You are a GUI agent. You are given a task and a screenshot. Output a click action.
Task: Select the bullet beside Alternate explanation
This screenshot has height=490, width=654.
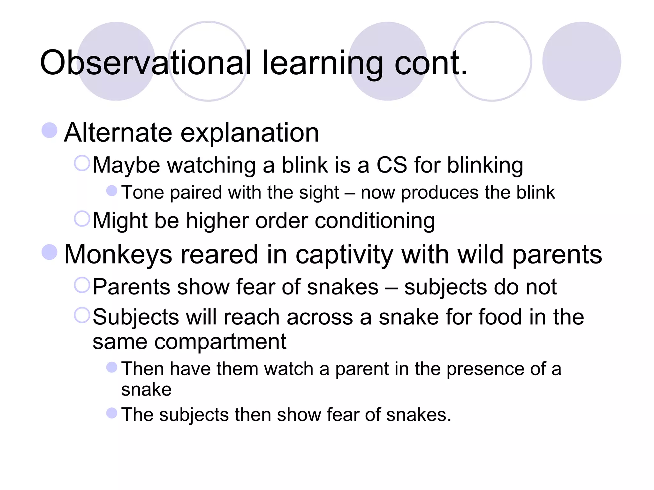[x=49, y=130]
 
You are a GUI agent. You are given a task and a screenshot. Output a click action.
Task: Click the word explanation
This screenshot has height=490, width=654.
[x=250, y=133]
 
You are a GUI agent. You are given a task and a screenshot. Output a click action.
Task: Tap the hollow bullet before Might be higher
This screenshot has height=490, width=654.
[x=82, y=219]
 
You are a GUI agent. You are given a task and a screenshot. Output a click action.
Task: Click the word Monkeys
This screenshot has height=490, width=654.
[x=118, y=255]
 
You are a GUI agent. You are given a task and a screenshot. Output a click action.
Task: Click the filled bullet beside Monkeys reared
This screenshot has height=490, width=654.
[x=49, y=252]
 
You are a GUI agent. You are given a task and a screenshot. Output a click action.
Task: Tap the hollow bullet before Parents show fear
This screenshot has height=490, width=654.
[x=82, y=285]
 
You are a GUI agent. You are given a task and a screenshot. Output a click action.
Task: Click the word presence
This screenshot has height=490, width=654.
[x=485, y=369]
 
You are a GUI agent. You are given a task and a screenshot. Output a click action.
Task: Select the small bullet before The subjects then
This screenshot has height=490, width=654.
[x=112, y=413]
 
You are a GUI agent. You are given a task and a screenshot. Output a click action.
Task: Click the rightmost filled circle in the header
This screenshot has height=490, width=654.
[x=582, y=61]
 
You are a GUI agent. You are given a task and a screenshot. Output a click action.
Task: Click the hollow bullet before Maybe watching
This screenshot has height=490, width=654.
[x=82, y=163]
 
